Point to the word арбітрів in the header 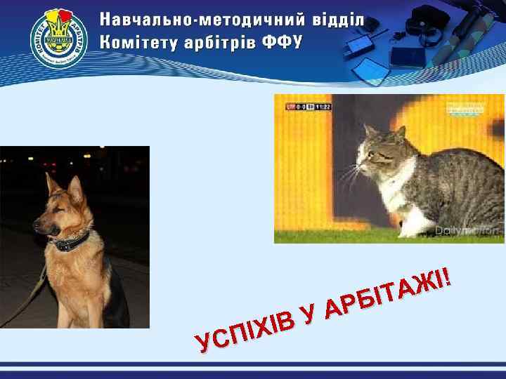[218, 42]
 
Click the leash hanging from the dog [28, 302]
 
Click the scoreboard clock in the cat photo [322, 107]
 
